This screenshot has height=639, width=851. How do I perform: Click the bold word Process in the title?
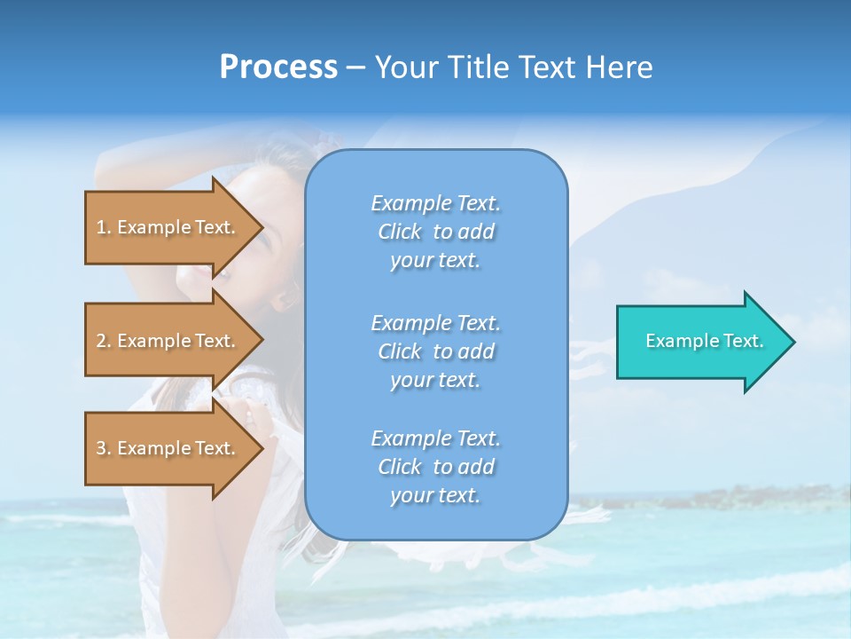(278, 67)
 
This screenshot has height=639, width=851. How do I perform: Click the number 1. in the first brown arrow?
(104, 227)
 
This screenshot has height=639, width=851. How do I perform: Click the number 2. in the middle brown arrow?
(104, 341)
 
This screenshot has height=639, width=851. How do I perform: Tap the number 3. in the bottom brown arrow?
(104, 448)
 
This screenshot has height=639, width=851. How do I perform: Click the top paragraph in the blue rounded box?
(436, 232)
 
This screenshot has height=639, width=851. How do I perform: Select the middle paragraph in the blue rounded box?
(436, 351)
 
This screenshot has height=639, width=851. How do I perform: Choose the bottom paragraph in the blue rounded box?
(436, 467)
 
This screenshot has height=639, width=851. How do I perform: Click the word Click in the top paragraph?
(400, 232)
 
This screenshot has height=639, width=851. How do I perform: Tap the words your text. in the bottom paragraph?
(435, 495)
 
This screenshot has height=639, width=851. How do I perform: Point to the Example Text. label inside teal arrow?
(705, 341)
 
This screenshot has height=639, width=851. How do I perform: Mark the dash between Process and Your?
(355, 68)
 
